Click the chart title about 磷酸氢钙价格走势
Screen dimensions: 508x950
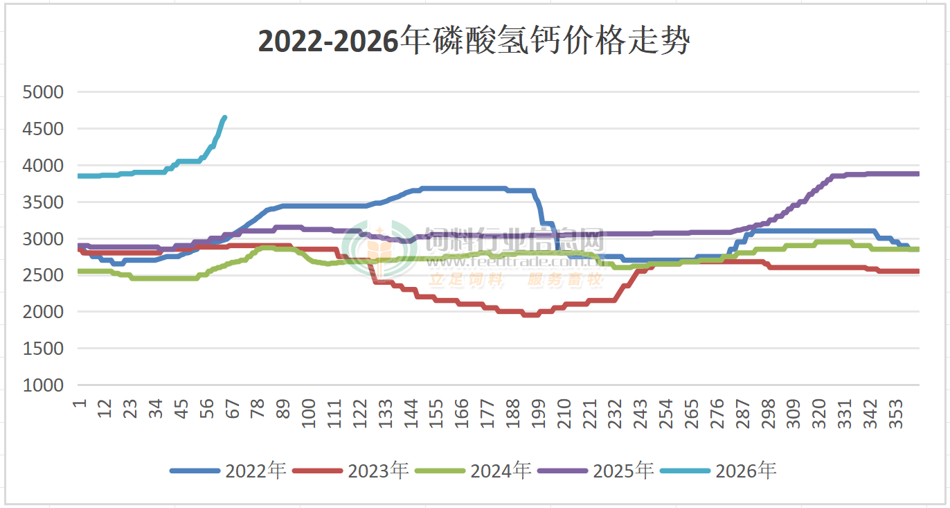coord(474,42)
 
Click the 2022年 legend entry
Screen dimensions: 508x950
coord(228,471)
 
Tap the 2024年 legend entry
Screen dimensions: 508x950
coord(474,471)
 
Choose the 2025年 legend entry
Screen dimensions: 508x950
coord(596,471)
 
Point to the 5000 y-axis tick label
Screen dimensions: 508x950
coord(43,92)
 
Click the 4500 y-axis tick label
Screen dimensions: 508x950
coord(43,129)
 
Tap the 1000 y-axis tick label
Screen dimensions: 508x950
coord(43,385)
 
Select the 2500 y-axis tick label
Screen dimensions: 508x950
coord(43,276)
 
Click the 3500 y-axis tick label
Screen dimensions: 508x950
coord(43,202)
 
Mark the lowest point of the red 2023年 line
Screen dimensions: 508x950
coord(530,315)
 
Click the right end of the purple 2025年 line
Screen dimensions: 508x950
coord(917,174)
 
